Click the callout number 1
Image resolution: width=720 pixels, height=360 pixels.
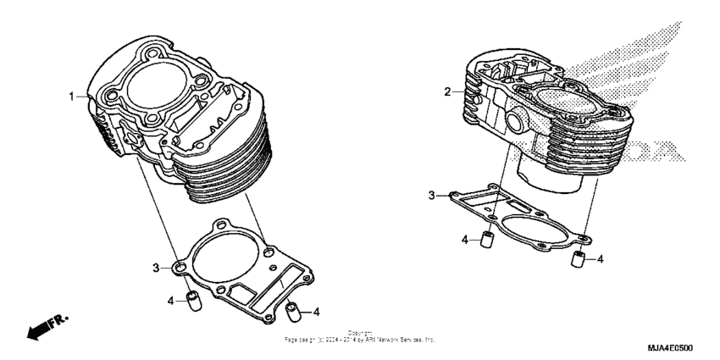(x=72, y=97)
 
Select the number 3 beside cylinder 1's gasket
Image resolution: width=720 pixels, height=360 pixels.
(x=156, y=268)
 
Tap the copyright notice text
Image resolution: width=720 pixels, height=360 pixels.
(x=360, y=336)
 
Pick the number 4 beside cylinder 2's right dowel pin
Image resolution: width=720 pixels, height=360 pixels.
(x=600, y=258)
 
